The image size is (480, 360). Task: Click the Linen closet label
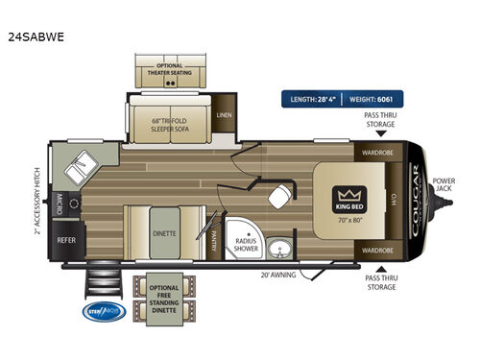click(225, 114)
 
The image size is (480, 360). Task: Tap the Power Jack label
click(444, 184)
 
